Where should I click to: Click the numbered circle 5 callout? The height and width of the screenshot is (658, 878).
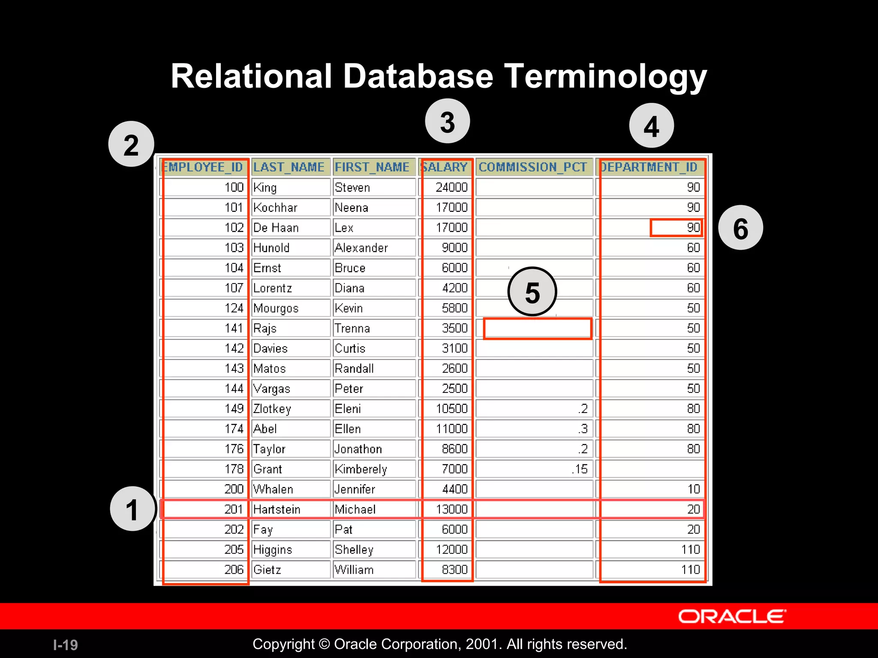(532, 292)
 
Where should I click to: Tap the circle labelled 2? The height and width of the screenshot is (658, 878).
(131, 144)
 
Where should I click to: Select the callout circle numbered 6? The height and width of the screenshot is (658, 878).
(740, 228)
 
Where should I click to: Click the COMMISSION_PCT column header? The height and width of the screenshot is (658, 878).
(533, 167)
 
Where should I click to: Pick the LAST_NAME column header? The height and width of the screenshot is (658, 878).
(289, 167)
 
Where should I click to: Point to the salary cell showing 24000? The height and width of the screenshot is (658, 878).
(451, 188)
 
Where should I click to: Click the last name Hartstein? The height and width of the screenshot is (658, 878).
(277, 509)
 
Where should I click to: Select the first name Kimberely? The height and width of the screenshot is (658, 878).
(361, 469)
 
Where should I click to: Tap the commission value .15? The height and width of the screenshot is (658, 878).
(580, 469)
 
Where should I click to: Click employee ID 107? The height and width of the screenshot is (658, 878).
(234, 288)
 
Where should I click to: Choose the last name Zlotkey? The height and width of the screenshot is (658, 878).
(272, 409)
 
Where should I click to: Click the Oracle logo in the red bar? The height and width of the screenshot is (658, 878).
(732, 616)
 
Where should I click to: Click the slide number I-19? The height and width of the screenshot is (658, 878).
(65, 645)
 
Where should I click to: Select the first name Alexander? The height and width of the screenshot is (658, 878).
(361, 248)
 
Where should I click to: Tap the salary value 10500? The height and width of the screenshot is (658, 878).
(451, 409)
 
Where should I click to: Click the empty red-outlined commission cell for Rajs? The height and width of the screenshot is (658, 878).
(537, 329)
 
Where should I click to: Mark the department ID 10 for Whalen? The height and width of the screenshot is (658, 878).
(693, 489)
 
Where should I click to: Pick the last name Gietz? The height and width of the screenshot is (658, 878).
(267, 570)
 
